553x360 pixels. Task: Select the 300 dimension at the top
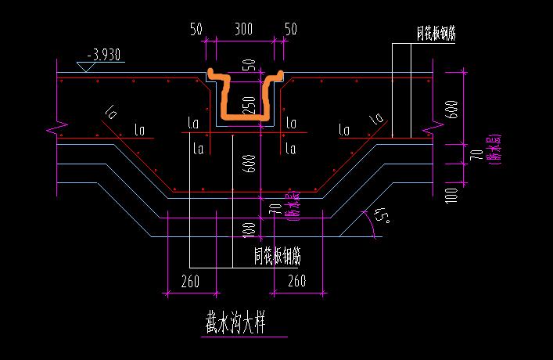(243, 30)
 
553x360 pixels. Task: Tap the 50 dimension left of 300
(196, 30)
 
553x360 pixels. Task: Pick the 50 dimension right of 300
(290, 30)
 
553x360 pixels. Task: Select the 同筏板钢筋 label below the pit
(278, 255)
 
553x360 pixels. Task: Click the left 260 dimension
(190, 280)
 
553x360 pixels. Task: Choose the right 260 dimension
(296, 280)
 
